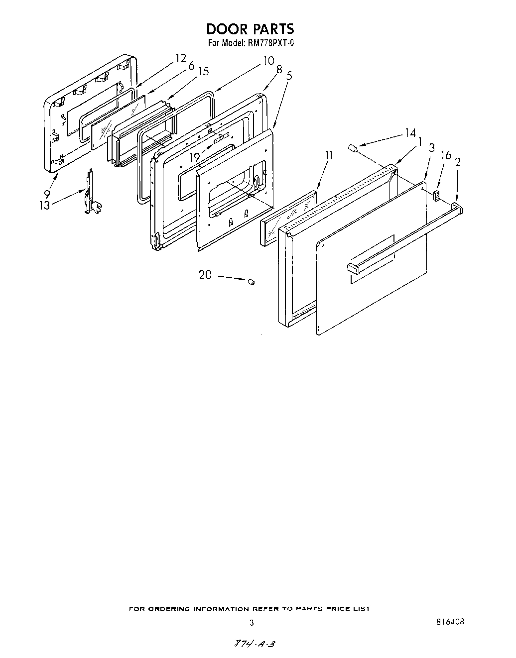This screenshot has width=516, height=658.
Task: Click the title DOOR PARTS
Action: pyautogui.click(x=251, y=29)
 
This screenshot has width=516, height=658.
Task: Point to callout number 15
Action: pyautogui.click(x=203, y=71)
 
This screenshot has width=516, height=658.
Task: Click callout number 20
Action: pyautogui.click(x=205, y=274)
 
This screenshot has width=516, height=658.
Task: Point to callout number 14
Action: pyautogui.click(x=410, y=133)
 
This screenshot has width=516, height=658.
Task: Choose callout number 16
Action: pyautogui.click(x=446, y=156)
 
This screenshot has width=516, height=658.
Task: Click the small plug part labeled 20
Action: pyautogui.click(x=251, y=282)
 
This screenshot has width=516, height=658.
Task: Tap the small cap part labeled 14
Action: pyautogui.click(x=353, y=148)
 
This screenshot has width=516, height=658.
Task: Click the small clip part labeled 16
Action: pyautogui.click(x=437, y=194)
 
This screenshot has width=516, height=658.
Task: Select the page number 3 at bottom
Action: pyautogui.click(x=252, y=622)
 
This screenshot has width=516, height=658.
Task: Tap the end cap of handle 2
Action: pyautogui.click(x=457, y=206)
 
